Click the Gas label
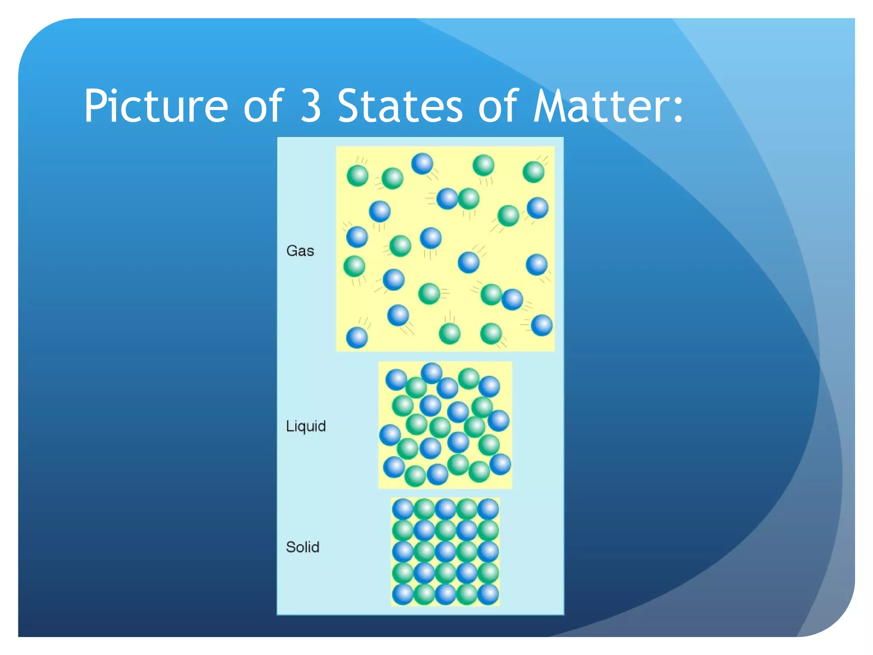[x=300, y=251]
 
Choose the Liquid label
[x=306, y=426]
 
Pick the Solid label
[x=303, y=547]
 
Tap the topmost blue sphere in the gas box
[x=422, y=164]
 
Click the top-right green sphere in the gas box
[x=533, y=172]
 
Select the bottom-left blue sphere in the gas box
[x=357, y=338]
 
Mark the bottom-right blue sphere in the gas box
[x=542, y=325]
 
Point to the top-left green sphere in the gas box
[x=357, y=175]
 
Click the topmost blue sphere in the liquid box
[x=431, y=373]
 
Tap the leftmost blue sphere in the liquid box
[x=390, y=435]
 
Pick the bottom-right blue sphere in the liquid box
[x=500, y=464]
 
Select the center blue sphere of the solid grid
[x=445, y=551]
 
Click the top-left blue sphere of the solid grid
[x=403, y=509]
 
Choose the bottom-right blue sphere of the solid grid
[x=488, y=594]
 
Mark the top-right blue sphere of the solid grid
[x=488, y=509]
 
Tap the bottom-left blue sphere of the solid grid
[x=403, y=594]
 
